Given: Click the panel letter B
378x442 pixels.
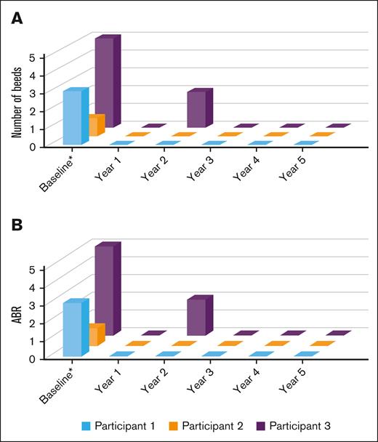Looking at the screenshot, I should tap(15, 226).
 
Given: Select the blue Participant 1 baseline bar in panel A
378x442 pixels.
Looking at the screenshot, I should tap(73, 118).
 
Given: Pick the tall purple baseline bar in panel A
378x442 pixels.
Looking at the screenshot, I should tap(104, 81).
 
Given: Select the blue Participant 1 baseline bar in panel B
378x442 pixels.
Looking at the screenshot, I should tap(73, 329).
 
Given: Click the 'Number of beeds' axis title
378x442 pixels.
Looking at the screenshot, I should tap(17, 100).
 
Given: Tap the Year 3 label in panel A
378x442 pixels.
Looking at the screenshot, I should tap(198, 165).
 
